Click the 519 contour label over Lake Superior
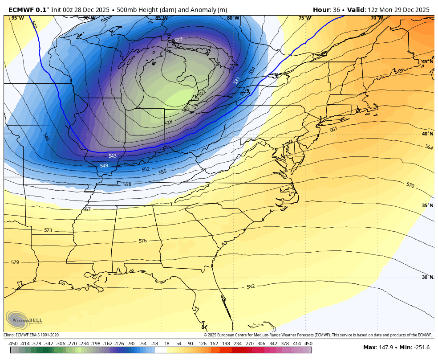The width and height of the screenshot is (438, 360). pos(178,40)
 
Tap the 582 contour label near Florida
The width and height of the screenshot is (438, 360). pos(251,286)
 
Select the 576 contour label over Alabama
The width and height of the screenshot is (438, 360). pos(142,241)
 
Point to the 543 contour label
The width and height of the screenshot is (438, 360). pos(113,156)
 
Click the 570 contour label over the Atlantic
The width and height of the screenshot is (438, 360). pos(410,185)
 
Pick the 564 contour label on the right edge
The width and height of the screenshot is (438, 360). pos(429,147)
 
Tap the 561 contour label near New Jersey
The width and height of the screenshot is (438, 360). pos(333,130)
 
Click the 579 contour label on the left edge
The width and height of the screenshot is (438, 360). pos(15,262)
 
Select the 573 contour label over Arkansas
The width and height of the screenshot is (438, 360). pos(48,230)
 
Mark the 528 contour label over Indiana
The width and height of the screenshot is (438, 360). pos(168,122)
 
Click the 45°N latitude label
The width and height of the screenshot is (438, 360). pos(427,61)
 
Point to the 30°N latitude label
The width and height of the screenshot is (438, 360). pos(427,277)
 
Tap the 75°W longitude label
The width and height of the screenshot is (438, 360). pos(304,18)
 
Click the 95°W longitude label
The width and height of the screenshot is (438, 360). pos(17,18)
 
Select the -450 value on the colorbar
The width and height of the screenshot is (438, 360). pos(13,344)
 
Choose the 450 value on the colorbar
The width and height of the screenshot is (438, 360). pos(308,344)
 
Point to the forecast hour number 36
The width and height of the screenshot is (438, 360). pos(335,10)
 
